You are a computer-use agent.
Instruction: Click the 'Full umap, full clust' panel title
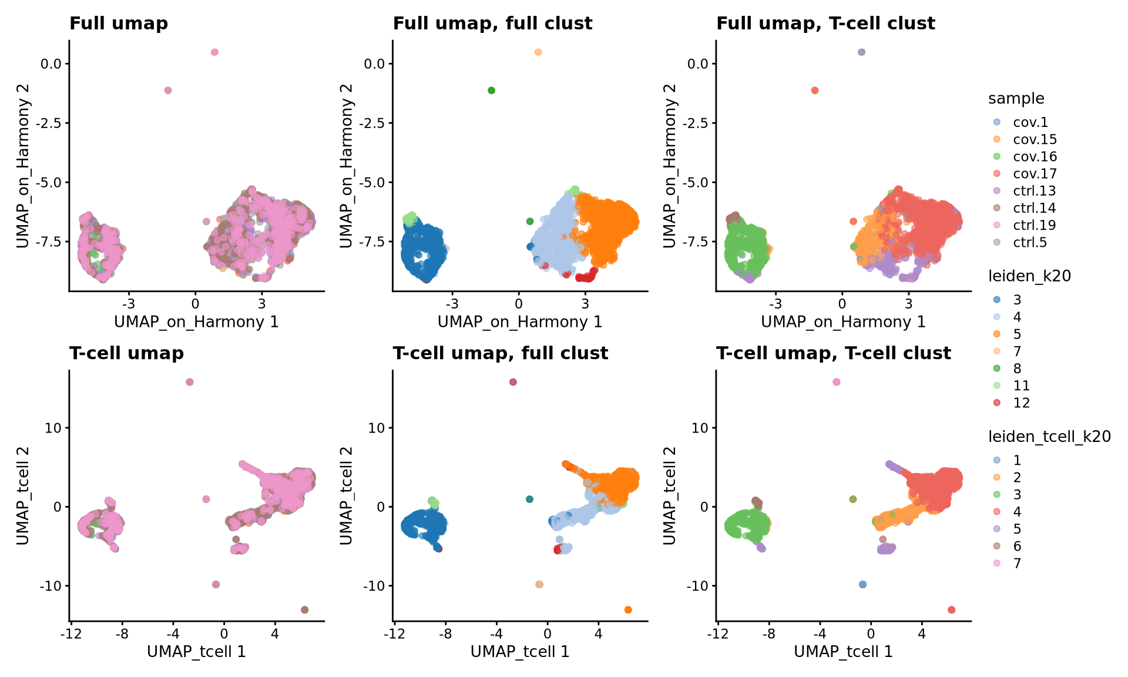coord(492,24)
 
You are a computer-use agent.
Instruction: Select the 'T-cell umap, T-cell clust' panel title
coord(833,353)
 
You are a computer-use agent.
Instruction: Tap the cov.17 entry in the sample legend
coord(1035,174)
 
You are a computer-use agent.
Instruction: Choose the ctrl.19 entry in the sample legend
coord(1034,225)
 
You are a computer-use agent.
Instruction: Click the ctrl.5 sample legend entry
coord(1030,242)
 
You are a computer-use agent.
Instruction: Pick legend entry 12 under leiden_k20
coord(1021,403)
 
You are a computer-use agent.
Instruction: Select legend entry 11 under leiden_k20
coord(1021,386)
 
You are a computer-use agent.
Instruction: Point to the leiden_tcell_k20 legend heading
coord(1049,437)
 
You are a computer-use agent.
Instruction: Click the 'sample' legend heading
coord(1016,99)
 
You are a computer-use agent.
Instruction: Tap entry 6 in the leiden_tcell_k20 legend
coord(1017,546)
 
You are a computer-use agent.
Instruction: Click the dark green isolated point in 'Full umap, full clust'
coord(492,91)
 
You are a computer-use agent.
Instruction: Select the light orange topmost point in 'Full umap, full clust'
coord(538,52)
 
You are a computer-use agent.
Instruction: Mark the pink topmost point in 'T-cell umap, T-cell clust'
coord(837,382)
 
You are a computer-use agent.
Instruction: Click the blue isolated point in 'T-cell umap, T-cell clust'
coord(863,584)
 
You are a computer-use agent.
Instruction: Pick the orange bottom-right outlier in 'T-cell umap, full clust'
coord(628,609)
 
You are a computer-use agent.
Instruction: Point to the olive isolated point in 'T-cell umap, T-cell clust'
coord(853,499)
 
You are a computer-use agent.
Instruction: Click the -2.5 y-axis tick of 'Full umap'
coord(51,123)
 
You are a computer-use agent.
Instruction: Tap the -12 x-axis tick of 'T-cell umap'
coord(70,634)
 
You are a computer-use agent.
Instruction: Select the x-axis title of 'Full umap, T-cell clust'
coord(843,322)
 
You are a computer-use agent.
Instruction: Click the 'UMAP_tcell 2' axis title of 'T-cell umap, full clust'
coord(346,495)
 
